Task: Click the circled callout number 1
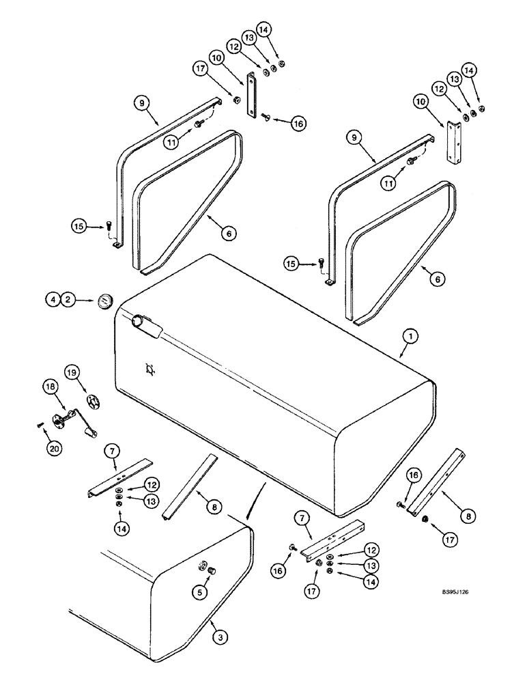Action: pyautogui.click(x=408, y=337)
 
